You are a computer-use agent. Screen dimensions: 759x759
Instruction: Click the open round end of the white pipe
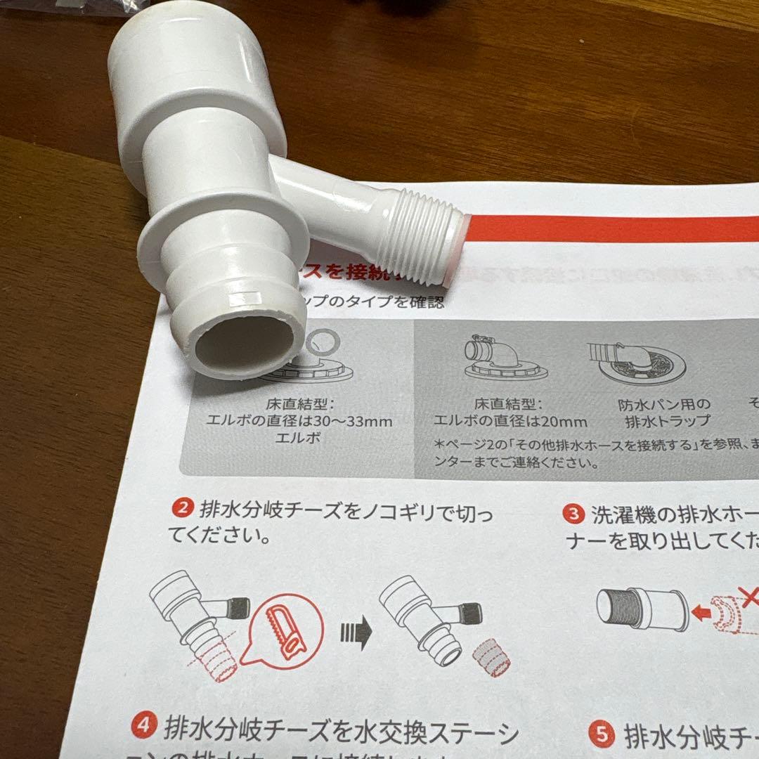tap(243, 344)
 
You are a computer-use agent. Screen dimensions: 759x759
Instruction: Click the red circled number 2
tap(182, 507)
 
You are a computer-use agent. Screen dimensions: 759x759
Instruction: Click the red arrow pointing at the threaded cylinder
tap(700, 612)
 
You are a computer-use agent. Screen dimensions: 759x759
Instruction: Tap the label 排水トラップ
tap(667, 422)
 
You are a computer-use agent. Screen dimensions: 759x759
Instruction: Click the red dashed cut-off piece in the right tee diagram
tap(491, 657)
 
